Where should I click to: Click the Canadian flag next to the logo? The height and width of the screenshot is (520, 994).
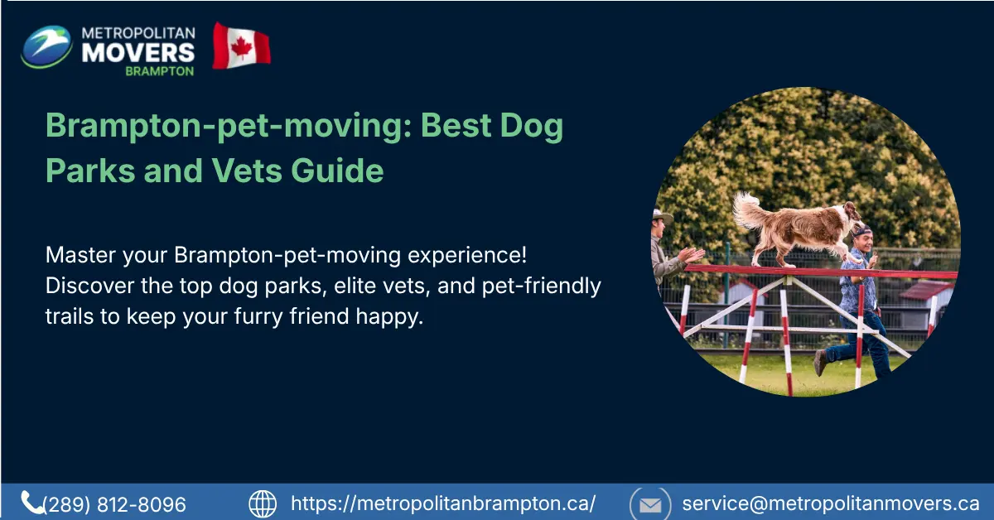[241, 46]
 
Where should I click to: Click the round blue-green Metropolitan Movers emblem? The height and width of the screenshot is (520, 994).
[47, 46]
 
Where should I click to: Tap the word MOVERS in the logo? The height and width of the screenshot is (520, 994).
[138, 51]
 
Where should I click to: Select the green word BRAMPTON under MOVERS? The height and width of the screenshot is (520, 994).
[159, 71]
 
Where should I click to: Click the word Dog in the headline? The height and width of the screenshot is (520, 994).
[533, 127]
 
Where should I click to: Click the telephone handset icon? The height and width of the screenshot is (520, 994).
[32, 502]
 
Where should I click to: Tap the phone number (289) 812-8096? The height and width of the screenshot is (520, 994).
[115, 504]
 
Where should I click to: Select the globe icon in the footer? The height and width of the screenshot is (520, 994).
[263, 503]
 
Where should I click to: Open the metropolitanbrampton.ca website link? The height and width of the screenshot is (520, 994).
[443, 503]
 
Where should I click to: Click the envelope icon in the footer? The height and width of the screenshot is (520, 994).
[649, 503]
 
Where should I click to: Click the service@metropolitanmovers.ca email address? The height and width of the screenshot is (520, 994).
[831, 503]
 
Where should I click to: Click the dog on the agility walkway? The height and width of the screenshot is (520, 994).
[799, 228]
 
